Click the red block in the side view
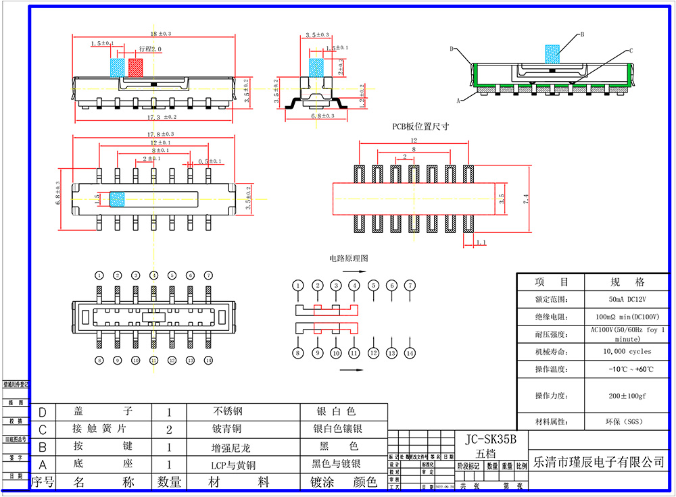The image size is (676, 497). point(136,67)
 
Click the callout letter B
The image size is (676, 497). point(582,34)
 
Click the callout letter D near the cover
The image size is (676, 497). point(452,49)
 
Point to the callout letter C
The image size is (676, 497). point(631,51)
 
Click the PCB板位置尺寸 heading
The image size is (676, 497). point(421,126)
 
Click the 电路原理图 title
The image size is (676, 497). point(349,258)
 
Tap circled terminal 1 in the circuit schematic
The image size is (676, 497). point(298,286)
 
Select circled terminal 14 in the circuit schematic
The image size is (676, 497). point(410,353)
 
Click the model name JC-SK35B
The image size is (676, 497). point(491,439)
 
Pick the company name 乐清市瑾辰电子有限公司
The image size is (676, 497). point(599,463)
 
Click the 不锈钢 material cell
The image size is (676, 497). point(227,411)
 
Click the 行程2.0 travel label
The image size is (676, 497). point(150,49)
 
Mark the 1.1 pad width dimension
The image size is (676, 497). point(481,242)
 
